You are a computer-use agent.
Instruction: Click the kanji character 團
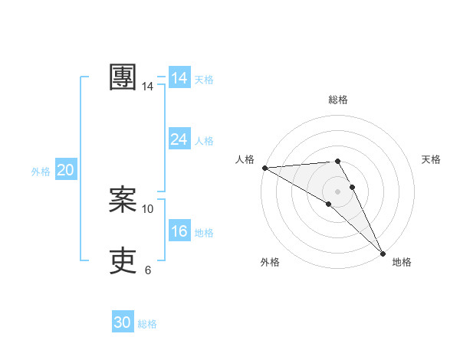[x=123, y=77]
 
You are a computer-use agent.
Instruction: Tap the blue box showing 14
[x=179, y=78]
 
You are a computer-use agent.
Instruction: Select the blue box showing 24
[x=179, y=139]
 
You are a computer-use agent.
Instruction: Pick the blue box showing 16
[x=179, y=231]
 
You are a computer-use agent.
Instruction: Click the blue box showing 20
[x=65, y=170]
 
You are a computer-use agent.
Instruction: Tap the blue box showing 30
[x=123, y=322]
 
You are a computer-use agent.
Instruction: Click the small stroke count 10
[x=148, y=208]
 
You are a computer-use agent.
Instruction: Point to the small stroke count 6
[x=148, y=270]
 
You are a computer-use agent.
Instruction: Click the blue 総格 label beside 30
[x=147, y=324]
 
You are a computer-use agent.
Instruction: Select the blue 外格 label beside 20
[x=41, y=172]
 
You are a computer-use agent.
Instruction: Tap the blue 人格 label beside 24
[x=204, y=141]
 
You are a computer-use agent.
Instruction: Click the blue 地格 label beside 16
[x=204, y=233]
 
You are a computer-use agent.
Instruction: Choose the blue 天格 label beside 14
[x=204, y=80]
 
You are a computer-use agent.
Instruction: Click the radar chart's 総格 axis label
[x=338, y=100]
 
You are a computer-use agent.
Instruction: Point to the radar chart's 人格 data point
[x=264, y=168]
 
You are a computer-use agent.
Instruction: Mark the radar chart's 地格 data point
[x=383, y=254]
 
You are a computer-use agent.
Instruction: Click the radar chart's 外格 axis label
[x=270, y=262]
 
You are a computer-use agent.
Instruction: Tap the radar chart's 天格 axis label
[x=431, y=159]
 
